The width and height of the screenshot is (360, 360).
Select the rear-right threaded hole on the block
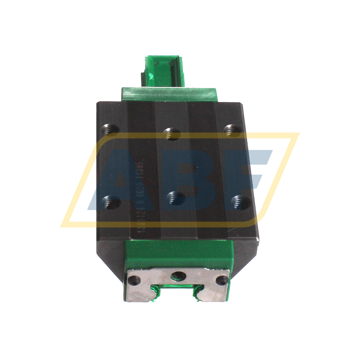[231, 130]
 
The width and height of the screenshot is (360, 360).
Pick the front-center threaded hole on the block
[176, 198]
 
